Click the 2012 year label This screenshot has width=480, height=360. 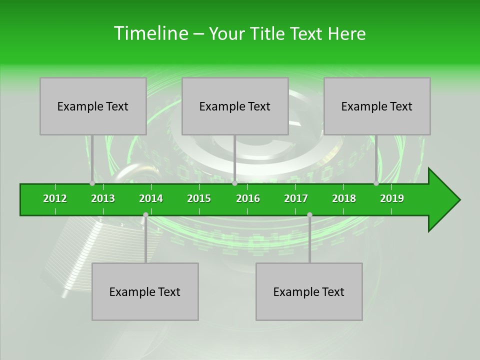pos(55,198)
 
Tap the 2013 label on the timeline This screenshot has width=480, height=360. pos(103,198)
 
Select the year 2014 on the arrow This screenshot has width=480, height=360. pos(151,198)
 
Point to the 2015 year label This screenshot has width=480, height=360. pos(199,198)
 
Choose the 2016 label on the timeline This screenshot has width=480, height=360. pos(248,198)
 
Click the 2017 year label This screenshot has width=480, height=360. pos(296,198)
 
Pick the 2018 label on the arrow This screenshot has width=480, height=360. pos(344,198)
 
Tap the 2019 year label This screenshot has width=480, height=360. pos(392,198)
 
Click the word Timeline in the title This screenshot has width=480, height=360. pos(150,33)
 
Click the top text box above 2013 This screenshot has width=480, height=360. pos(93,106)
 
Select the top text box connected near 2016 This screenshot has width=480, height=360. pos(235,106)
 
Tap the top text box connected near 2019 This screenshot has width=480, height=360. pos(377,106)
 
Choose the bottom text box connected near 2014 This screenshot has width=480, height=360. pos(145,291)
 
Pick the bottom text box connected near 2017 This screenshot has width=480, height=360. pos(309,291)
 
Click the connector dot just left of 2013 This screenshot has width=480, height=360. pos(92,183)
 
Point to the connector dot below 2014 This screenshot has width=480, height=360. pos(145,214)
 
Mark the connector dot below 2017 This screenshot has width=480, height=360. pos(309,214)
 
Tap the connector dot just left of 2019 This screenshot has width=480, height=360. pos(376,183)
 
